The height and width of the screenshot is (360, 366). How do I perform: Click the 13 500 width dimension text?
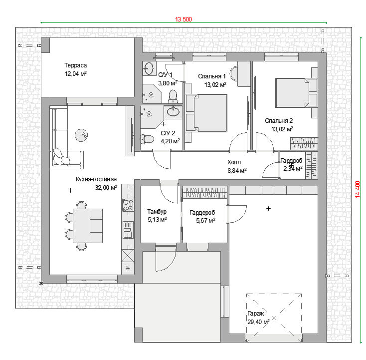[183, 19]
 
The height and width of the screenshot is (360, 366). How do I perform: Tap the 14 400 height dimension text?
[358, 189]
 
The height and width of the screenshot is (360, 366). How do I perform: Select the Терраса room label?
[76, 65]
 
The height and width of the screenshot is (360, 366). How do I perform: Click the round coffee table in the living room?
[81, 135]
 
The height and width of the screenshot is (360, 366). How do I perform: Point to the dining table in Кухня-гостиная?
[88, 226]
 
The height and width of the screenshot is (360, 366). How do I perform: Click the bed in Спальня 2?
[297, 93]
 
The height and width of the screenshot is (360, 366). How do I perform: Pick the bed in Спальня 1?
[206, 113]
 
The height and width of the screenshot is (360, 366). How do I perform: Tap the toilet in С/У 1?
[173, 96]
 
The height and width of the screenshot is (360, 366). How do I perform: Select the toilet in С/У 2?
[147, 139]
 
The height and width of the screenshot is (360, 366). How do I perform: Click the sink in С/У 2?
[173, 112]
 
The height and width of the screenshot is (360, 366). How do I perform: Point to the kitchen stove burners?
[128, 205]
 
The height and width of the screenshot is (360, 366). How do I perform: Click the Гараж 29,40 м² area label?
[258, 318]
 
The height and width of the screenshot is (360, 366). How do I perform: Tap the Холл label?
[234, 162]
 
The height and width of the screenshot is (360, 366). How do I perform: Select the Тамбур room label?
[157, 212]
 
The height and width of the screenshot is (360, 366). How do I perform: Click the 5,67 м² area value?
[205, 220]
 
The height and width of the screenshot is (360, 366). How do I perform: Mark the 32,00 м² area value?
[106, 187]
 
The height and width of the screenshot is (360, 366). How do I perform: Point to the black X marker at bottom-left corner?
[41, 283]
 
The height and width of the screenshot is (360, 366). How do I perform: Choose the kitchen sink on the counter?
[128, 230]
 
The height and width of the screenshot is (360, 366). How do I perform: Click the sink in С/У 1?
[148, 68]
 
